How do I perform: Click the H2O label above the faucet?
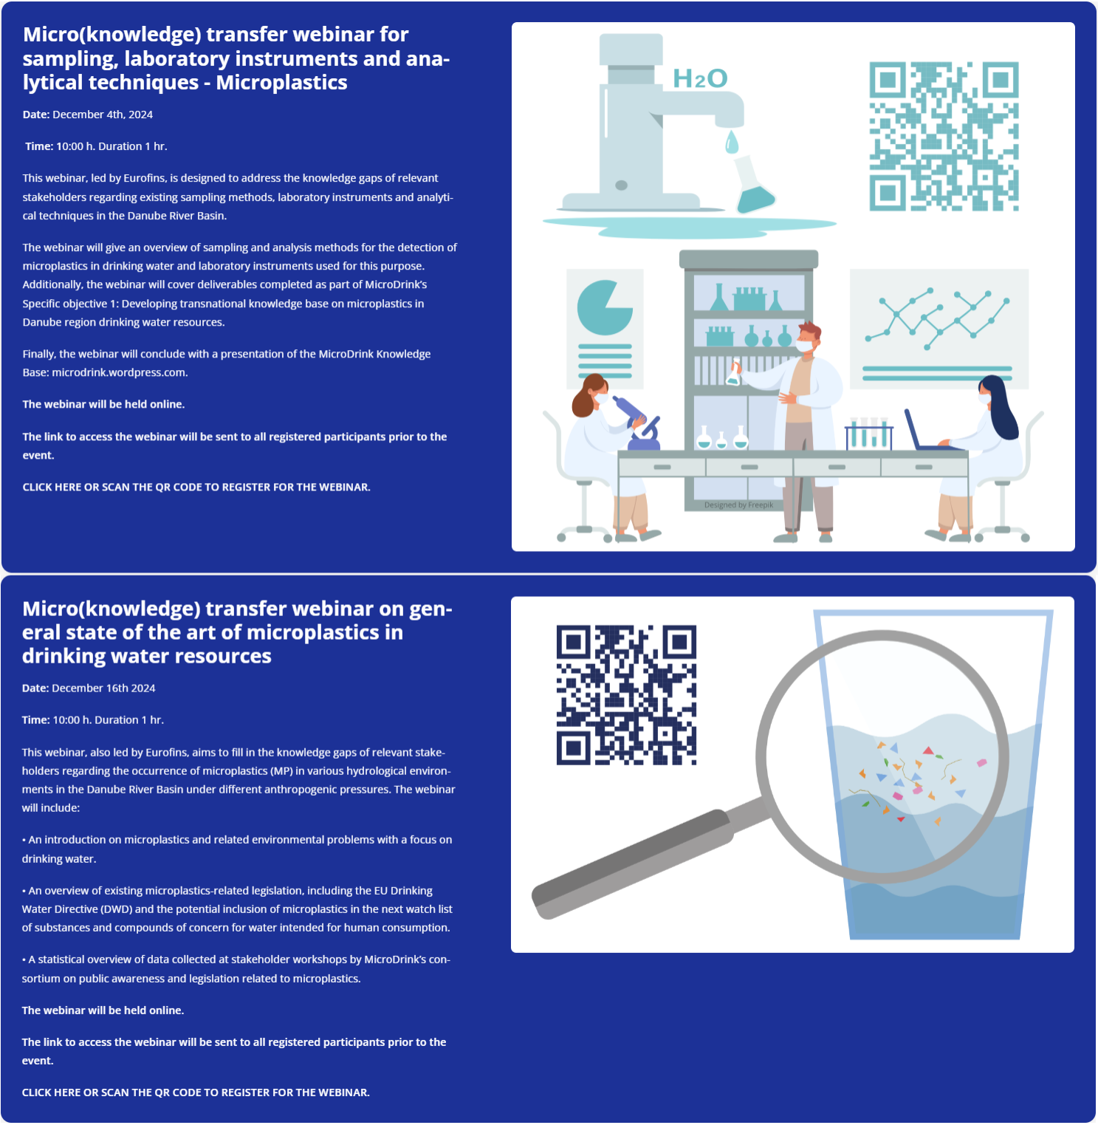pos(700,78)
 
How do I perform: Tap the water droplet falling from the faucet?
pos(732,142)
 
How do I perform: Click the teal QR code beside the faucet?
pos(944,137)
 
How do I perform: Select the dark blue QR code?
pos(626,695)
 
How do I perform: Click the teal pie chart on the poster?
pos(603,308)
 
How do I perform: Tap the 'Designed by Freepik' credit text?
pos(738,505)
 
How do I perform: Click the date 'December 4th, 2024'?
pos(103,114)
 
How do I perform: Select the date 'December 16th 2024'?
pos(103,688)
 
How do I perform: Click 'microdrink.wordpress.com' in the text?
pos(119,372)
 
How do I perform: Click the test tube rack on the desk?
pos(869,434)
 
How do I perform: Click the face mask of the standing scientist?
pos(804,346)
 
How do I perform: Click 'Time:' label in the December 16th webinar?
pos(36,720)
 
